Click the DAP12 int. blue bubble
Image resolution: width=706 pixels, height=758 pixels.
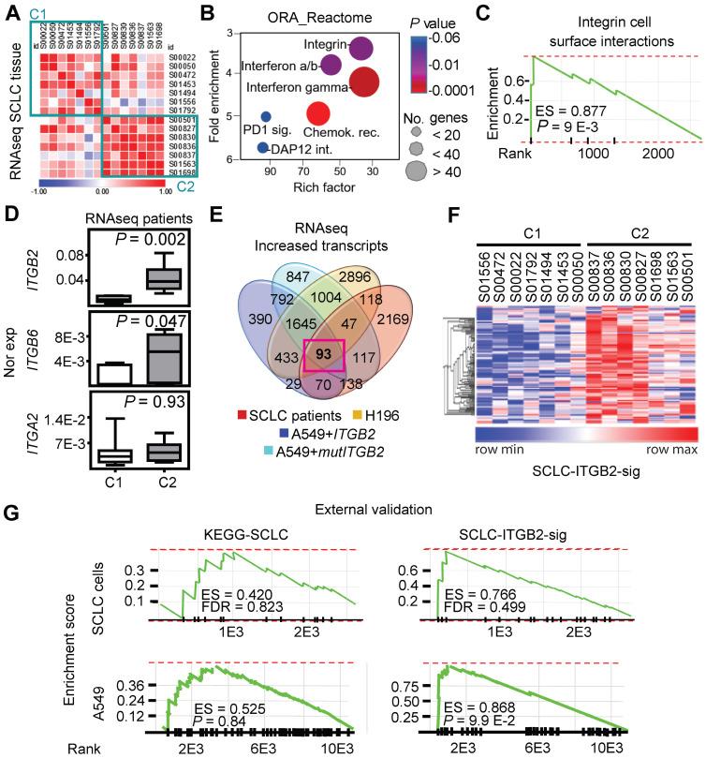[263, 148]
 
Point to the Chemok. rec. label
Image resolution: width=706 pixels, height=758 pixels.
[345, 133]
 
